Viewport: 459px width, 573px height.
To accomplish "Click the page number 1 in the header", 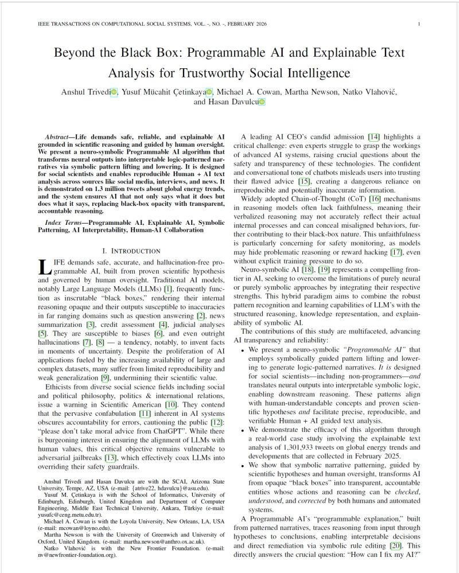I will [x=421, y=24].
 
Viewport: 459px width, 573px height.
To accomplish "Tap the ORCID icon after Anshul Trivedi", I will [x=114, y=92].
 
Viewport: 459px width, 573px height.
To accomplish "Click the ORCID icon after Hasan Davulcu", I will [x=262, y=103].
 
